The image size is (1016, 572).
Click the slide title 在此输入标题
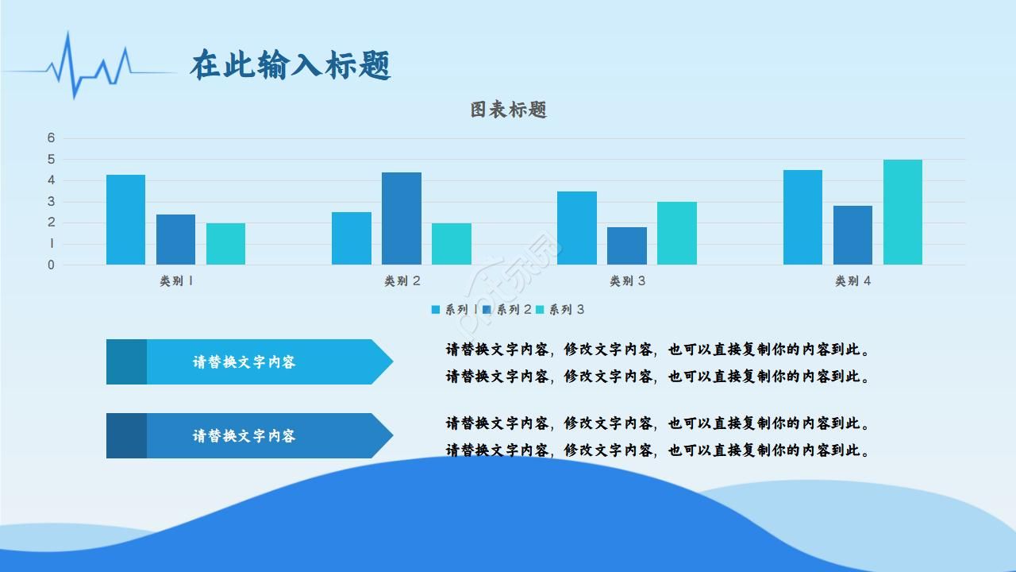point(291,65)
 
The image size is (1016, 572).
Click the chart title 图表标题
point(508,110)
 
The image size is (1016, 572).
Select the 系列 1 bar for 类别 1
point(125,220)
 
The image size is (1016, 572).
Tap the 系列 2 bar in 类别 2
point(401,218)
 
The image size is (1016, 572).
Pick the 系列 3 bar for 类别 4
point(902,212)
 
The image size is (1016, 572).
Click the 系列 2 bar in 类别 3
point(627,245)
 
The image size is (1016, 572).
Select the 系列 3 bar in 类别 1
point(225,244)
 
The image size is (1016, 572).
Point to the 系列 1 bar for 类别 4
point(802,217)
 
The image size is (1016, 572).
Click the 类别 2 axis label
point(402,280)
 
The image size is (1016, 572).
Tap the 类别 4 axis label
point(852,280)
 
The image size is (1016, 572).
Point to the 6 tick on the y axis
point(52,138)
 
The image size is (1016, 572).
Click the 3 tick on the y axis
point(52,202)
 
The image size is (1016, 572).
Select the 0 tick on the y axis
point(52,265)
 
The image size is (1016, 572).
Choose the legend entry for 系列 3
point(560,310)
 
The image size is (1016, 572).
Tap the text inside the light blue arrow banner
point(244,362)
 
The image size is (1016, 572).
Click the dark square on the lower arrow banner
point(126,435)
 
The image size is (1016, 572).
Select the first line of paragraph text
point(657,350)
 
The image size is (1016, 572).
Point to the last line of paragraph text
point(657,450)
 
